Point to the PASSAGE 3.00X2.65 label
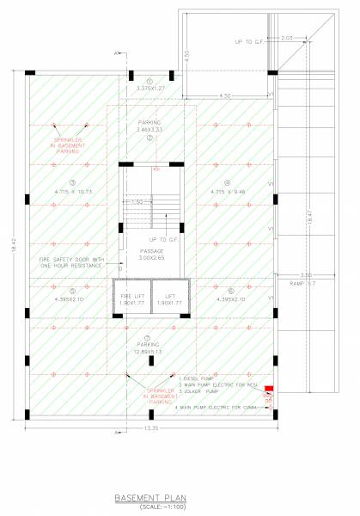coord(150,253)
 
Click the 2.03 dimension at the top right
coord(287,38)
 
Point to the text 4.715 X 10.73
coord(72,192)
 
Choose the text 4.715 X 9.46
coord(227,192)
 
